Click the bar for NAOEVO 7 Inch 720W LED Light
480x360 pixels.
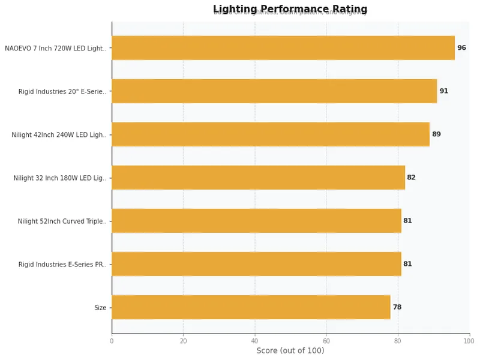point(283,48)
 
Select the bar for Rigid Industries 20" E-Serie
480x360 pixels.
point(274,91)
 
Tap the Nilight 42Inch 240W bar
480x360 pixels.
point(271,134)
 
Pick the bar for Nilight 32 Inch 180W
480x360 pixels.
point(258,178)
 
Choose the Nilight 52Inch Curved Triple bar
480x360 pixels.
point(256,221)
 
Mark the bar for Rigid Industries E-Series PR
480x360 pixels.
point(256,264)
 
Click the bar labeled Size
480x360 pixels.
point(251,307)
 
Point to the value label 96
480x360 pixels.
point(461,48)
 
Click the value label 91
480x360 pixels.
point(443,91)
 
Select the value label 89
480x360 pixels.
point(436,134)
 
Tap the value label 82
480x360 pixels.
point(411,178)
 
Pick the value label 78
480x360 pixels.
point(397,307)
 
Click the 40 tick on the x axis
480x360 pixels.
point(255,341)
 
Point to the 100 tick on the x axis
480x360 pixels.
point(469,341)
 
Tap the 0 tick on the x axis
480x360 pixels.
point(112,341)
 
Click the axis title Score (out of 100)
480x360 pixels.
point(290,351)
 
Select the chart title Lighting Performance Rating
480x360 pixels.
point(290,9)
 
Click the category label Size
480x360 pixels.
point(100,308)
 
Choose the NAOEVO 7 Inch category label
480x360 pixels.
point(55,49)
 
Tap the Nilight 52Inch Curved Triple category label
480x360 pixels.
point(62,221)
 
